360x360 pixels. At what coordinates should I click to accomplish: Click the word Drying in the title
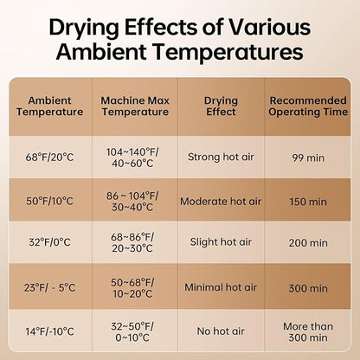84,28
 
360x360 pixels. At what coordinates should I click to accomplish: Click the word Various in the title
270,27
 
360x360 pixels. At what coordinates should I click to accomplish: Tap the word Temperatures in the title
228,52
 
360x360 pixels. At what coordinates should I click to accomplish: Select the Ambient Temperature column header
49,106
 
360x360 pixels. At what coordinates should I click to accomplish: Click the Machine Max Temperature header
135,106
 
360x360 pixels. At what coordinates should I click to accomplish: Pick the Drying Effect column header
221,106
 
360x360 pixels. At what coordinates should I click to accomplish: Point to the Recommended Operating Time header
308,106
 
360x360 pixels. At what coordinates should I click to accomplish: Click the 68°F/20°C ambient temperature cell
49,157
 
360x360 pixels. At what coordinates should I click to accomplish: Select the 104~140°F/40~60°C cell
132,157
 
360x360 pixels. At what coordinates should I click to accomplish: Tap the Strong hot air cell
221,157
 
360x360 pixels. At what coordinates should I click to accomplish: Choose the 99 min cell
308,157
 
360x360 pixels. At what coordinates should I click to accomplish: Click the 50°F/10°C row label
49,201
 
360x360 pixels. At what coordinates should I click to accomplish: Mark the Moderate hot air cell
221,202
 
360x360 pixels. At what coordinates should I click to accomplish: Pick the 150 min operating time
308,202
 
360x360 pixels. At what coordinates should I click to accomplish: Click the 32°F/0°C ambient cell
49,242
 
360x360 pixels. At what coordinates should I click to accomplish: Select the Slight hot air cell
221,242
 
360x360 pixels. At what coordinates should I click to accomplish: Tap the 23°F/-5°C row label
49,287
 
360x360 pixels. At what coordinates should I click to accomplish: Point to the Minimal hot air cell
221,287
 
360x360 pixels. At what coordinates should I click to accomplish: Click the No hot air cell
221,331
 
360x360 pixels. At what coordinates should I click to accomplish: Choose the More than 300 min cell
308,332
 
